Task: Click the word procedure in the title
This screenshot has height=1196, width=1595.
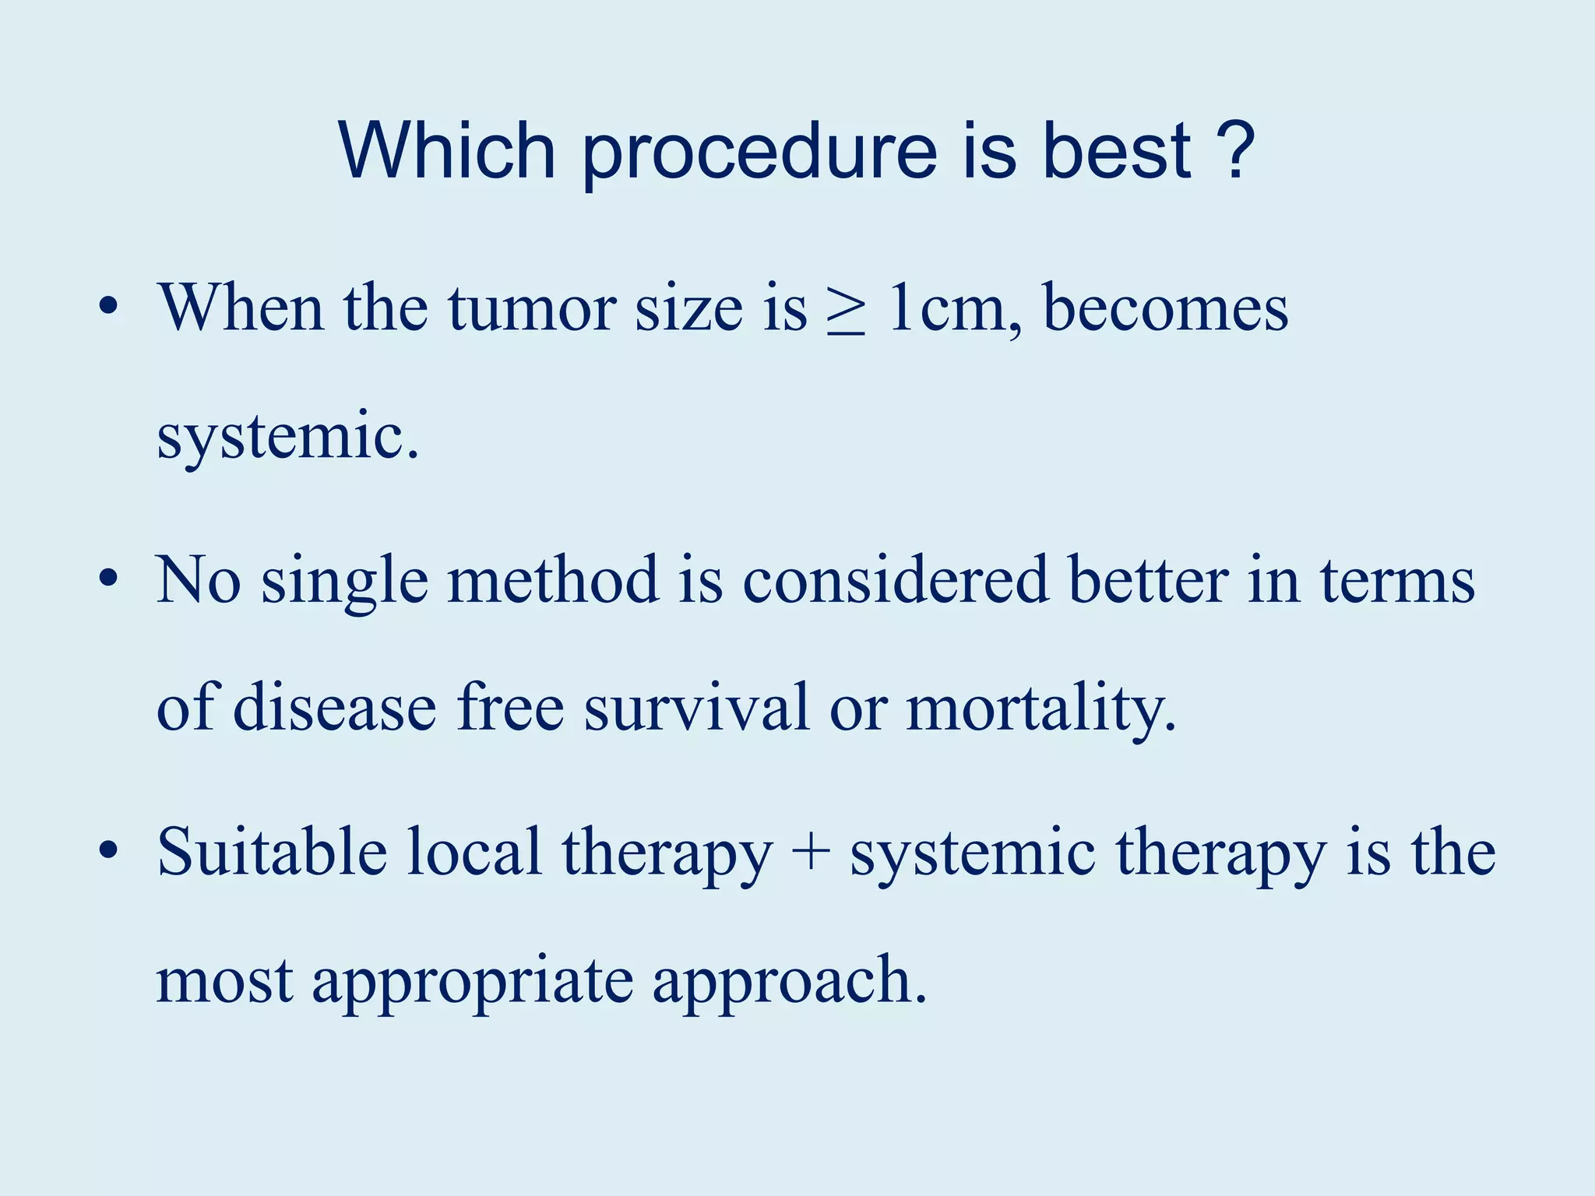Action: (759, 152)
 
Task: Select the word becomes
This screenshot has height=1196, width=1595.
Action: (1165, 309)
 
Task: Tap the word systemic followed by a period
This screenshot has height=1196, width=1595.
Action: (287, 438)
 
